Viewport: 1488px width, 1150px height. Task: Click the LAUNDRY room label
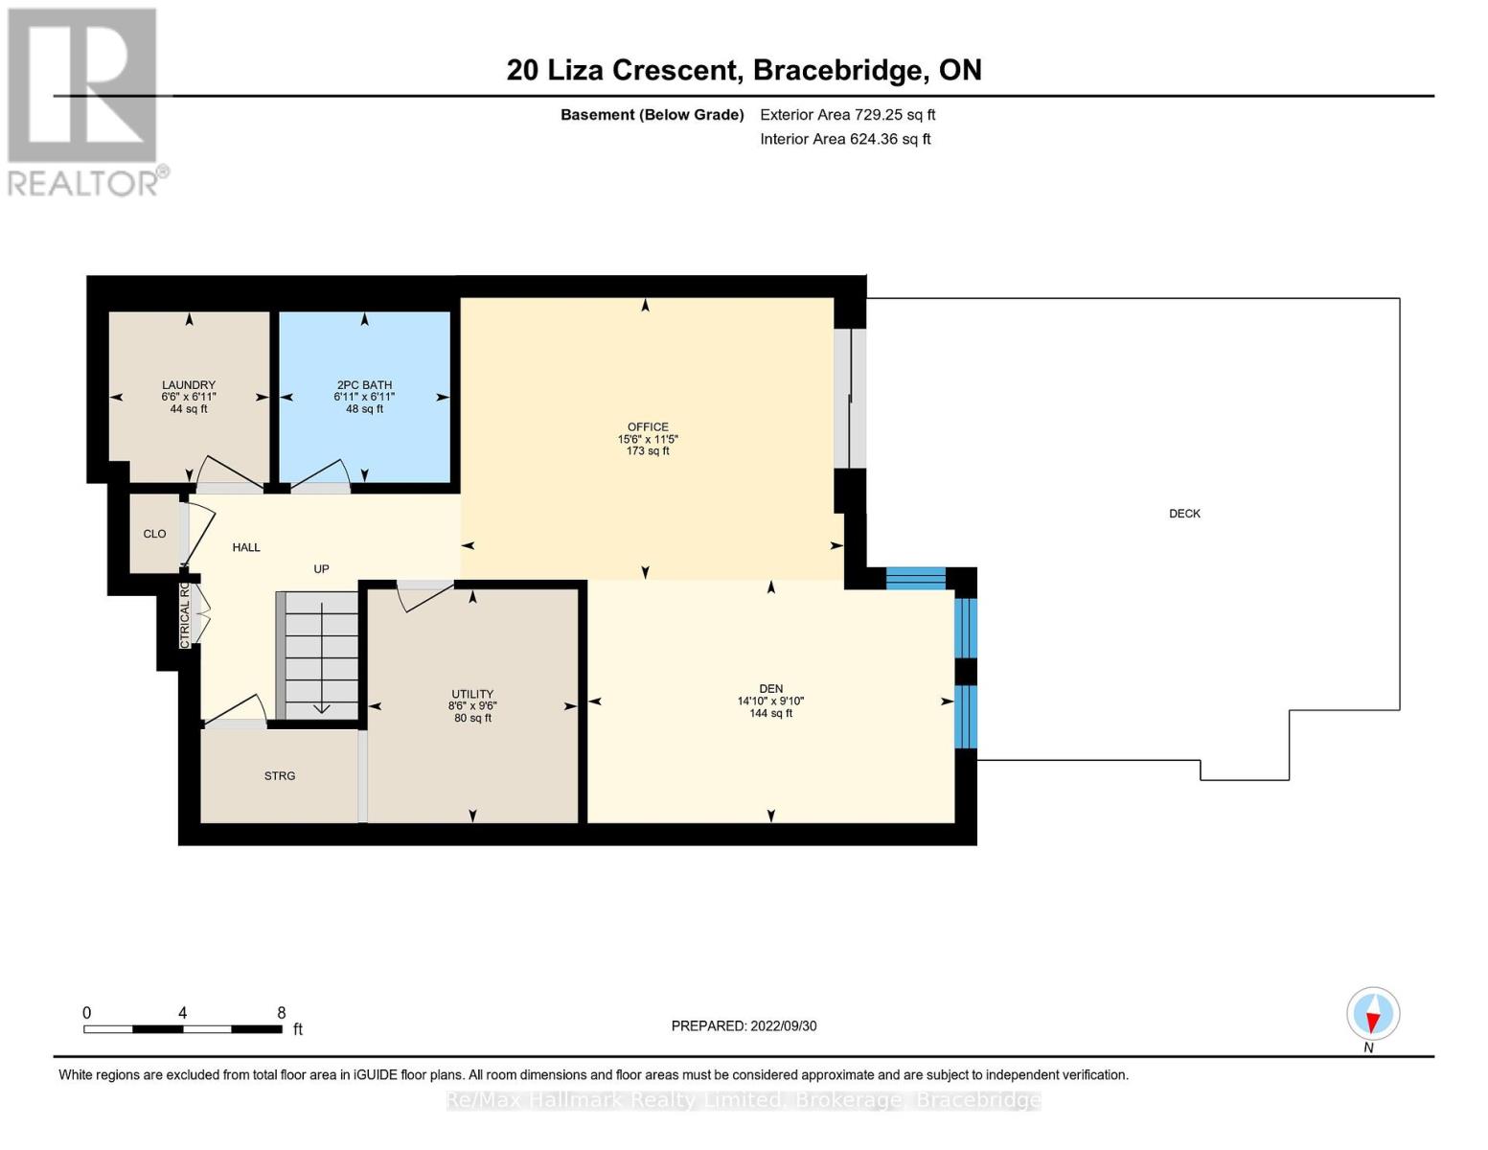point(189,385)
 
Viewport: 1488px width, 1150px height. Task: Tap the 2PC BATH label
point(364,385)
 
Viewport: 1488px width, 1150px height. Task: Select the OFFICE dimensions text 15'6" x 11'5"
point(648,439)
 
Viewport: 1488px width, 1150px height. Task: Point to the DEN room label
point(770,688)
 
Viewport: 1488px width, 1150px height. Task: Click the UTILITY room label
point(472,694)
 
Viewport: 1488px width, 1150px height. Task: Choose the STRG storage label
point(280,776)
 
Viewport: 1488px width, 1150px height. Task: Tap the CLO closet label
point(154,534)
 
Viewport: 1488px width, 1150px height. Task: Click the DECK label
point(1184,514)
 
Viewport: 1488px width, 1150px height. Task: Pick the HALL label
point(246,547)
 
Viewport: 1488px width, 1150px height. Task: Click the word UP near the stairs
point(321,569)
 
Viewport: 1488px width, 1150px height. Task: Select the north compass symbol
point(1373,1014)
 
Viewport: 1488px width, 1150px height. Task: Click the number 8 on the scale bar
point(282,1013)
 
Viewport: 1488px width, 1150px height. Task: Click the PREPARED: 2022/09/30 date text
point(744,1026)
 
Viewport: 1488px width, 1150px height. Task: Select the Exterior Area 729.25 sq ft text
point(847,115)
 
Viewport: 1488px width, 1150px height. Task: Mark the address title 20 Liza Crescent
point(623,70)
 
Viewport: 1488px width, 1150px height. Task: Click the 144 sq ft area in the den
point(770,713)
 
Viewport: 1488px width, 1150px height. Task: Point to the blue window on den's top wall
point(915,577)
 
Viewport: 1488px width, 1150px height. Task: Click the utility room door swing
point(424,595)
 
